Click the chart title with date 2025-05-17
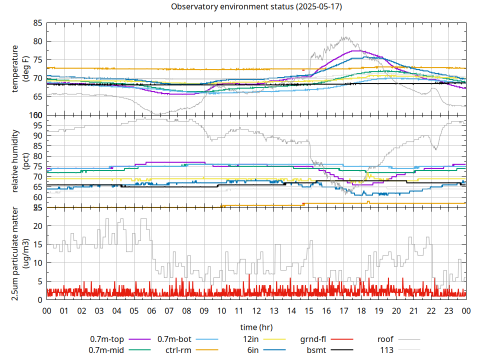coord(256,7)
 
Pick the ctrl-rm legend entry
coord(178,350)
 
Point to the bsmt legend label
coord(317,350)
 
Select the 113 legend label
coord(387,350)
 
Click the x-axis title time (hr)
coord(256,327)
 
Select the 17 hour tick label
coord(343,310)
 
